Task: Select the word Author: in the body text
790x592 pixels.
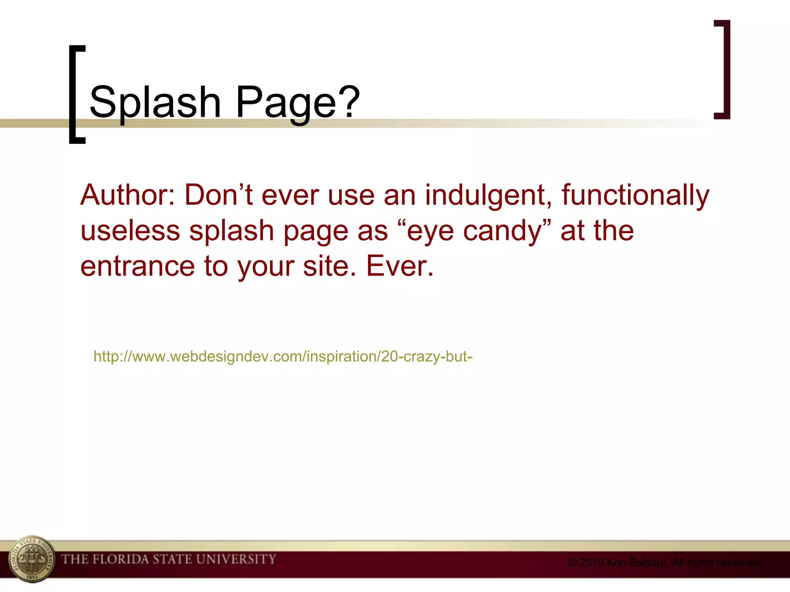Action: pyautogui.click(x=128, y=195)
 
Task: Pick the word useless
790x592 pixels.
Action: pyautogui.click(x=130, y=231)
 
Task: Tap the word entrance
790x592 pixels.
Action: pyautogui.click(x=137, y=266)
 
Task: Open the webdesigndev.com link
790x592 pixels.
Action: pyautogui.click(x=283, y=357)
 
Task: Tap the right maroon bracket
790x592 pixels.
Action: pyautogui.click(x=723, y=69)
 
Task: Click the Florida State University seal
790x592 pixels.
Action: pyautogui.click(x=32, y=559)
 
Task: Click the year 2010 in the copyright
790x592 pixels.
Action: pyautogui.click(x=591, y=563)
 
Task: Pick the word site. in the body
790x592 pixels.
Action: pyautogui.click(x=329, y=266)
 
